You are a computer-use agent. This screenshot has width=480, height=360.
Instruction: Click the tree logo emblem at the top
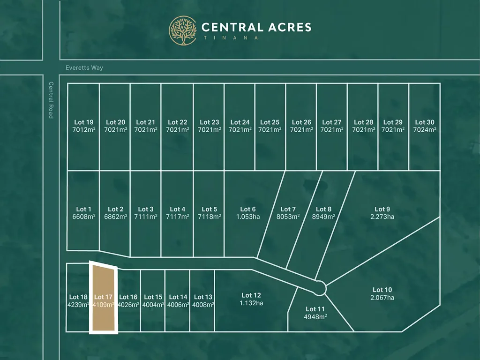coord(183,30)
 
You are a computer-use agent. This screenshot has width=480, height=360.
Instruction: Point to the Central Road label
coord(51,100)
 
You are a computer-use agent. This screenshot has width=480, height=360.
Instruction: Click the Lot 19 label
coord(83,122)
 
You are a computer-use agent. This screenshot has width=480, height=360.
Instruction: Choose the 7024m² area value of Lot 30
coord(425,130)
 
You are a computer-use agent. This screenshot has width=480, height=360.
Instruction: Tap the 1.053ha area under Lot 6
coord(248,217)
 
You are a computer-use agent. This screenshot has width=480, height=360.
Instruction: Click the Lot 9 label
coord(382,209)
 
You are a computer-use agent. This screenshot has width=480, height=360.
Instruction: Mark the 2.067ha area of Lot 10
coord(382,298)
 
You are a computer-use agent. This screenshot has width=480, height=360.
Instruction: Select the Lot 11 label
coord(315,309)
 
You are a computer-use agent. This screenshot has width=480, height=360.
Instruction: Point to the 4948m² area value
coord(315,316)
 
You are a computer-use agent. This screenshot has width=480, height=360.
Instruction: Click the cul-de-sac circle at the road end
coord(320,287)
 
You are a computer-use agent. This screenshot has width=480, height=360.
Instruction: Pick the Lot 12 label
coord(251,295)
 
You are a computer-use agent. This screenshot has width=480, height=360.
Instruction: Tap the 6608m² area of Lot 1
coord(83,217)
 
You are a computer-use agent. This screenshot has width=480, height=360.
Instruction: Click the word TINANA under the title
coord(230,38)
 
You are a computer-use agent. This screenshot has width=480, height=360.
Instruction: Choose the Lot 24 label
coord(240,122)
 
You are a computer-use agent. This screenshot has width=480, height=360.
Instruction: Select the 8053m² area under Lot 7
coord(288,217)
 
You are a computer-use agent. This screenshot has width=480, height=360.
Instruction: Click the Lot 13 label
coord(203,297)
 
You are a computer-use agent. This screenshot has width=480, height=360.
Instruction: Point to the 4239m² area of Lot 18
coord(78,304)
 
